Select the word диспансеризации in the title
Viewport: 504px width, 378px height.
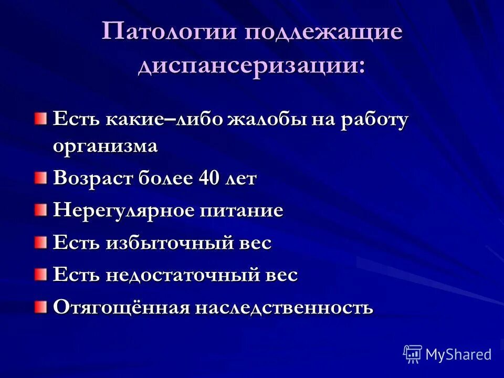tap(251, 67)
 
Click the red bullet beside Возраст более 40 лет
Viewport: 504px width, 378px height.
tap(41, 180)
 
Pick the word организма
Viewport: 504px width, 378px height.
tap(105, 146)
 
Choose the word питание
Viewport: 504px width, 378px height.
tap(241, 211)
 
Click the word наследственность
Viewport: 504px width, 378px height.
tap(285, 307)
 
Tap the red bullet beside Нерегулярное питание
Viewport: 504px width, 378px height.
tap(41, 211)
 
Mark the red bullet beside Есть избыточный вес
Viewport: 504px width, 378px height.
tap(41, 243)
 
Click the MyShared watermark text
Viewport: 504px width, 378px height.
tap(458, 354)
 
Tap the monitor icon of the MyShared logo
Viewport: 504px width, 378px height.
tap(413, 354)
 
